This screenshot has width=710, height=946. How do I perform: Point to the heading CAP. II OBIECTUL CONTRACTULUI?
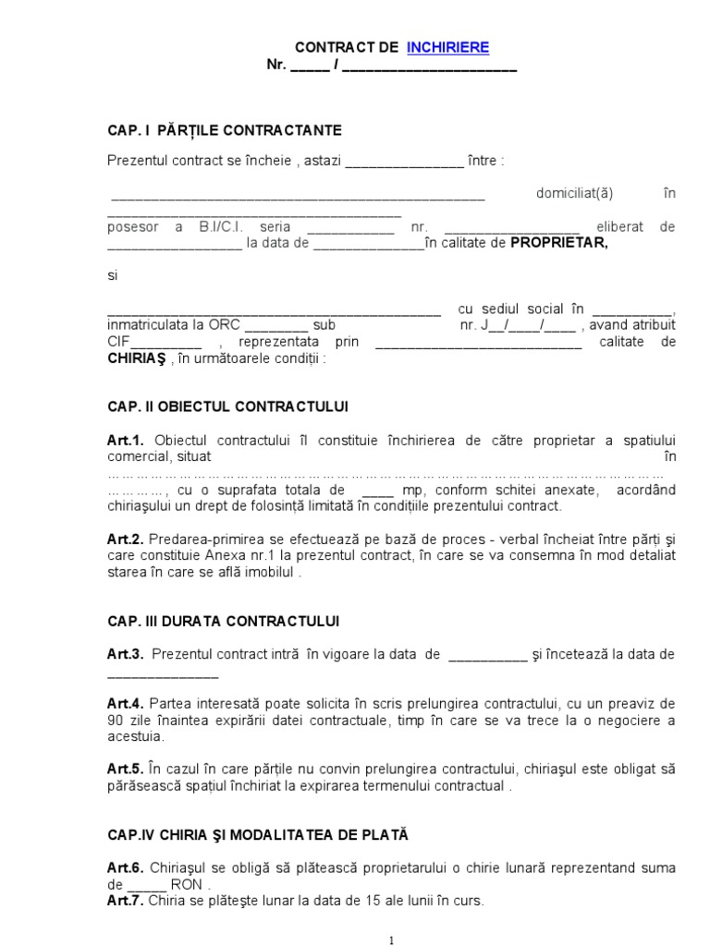(x=227, y=406)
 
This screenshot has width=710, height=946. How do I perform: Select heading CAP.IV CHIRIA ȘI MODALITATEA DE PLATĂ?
(x=257, y=835)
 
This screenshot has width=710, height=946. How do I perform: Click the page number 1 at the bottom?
(x=392, y=940)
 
